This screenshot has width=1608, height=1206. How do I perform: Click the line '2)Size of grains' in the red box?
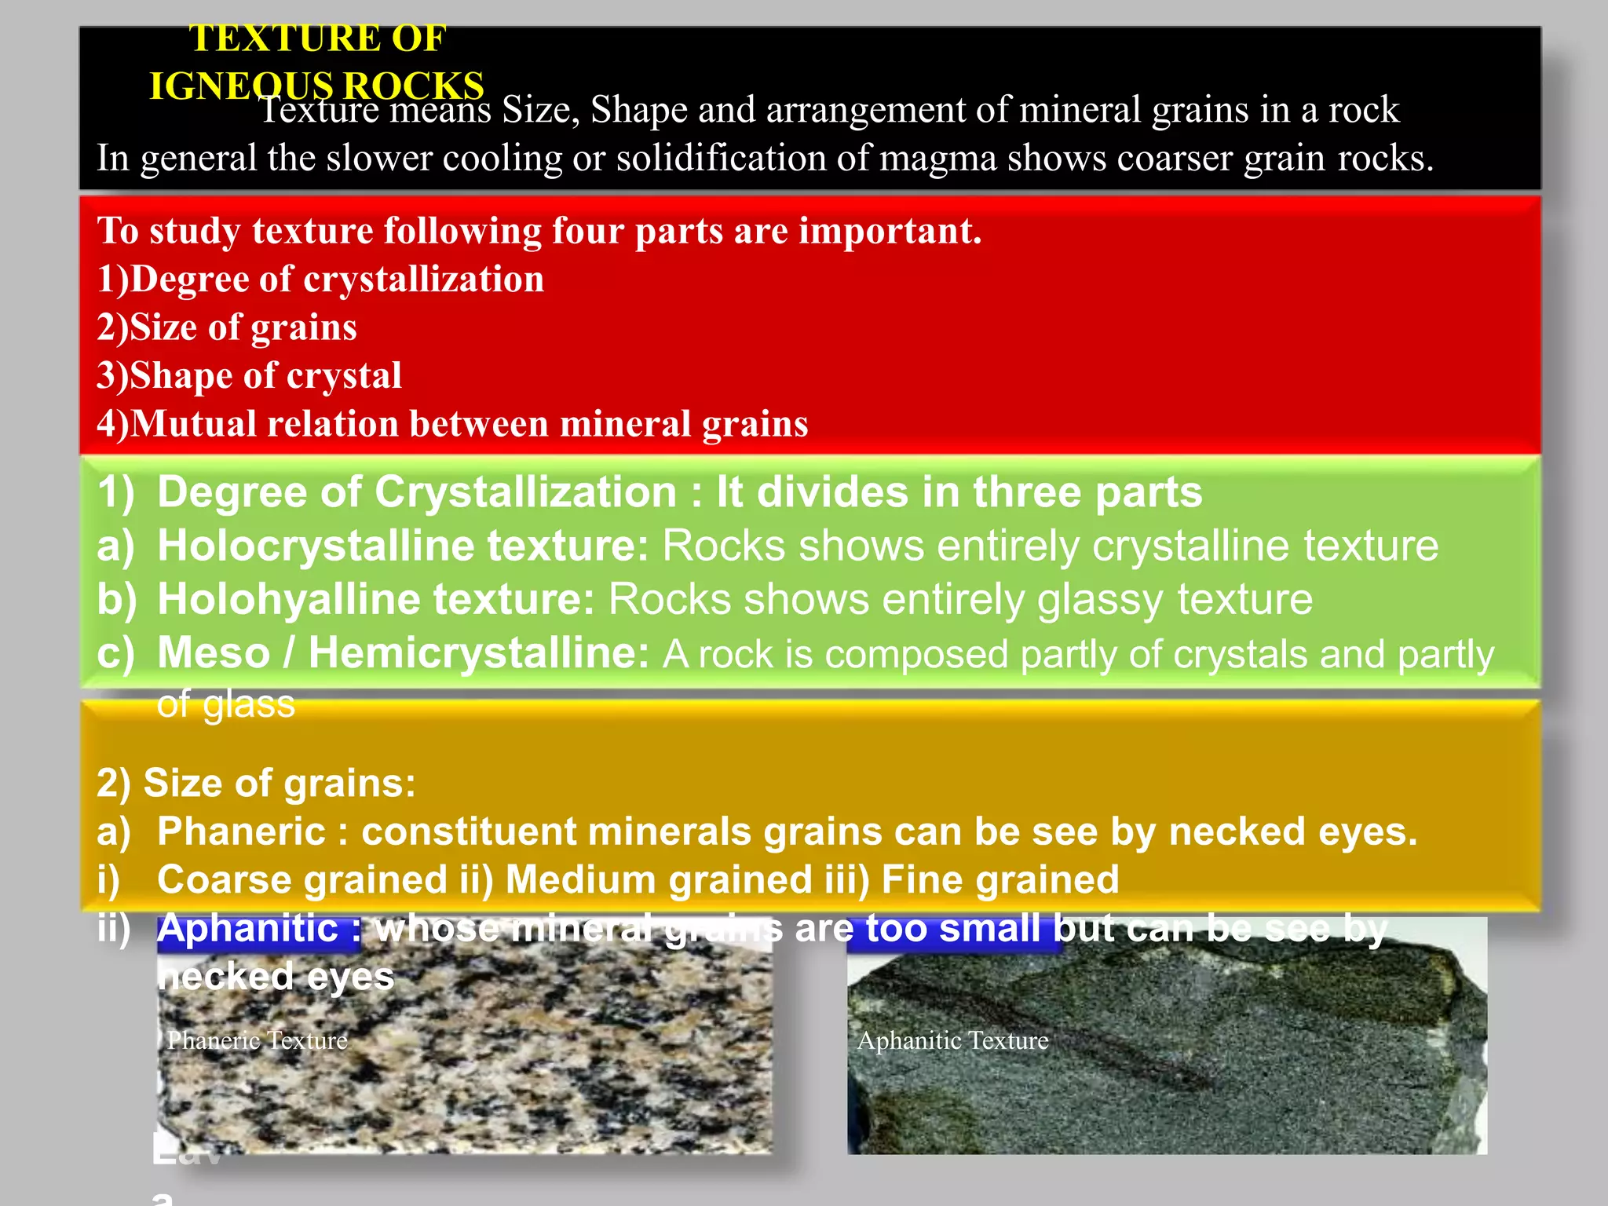[x=227, y=327]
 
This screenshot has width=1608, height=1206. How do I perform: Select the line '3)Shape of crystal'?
[x=249, y=375]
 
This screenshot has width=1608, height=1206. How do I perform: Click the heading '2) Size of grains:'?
[x=256, y=784]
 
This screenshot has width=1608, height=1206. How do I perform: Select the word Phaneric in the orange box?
[x=241, y=831]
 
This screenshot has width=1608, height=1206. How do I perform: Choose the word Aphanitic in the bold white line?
[x=247, y=929]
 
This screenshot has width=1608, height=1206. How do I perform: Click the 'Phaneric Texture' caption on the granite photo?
[x=258, y=1040]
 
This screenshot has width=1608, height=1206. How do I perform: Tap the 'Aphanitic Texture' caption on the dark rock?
[x=952, y=1040]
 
